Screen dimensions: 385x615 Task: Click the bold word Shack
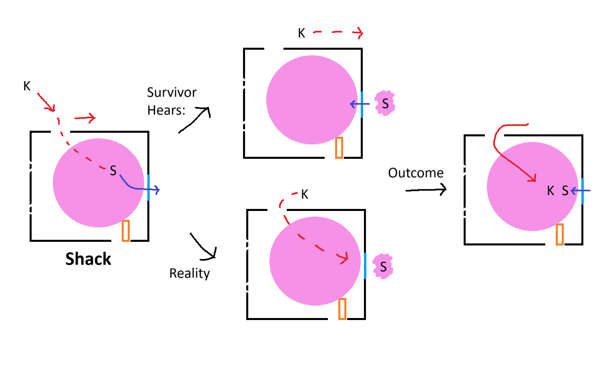tap(88, 259)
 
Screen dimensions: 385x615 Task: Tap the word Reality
tap(189, 273)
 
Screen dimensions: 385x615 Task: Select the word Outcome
tap(416, 173)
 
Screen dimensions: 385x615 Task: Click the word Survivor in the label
tap(172, 93)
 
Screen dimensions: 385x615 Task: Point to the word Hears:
tap(166, 110)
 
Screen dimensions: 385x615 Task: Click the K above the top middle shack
tap(301, 33)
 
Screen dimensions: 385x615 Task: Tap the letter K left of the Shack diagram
tap(27, 86)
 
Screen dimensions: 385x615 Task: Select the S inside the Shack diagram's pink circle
tap(113, 171)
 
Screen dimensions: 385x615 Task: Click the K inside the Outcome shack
tap(551, 191)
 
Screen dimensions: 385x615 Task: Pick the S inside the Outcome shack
tap(565, 191)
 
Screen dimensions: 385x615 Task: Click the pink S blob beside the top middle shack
tap(385, 103)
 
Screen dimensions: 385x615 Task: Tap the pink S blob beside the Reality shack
tap(383, 266)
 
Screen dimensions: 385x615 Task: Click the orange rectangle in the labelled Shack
tap(126, 231)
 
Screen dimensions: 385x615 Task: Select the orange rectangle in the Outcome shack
tap(560, 234)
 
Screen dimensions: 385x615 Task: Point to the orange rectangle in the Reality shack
tap(342, 309)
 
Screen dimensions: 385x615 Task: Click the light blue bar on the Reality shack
tap(365, 265)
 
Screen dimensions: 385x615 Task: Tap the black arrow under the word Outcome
tap(426, 190)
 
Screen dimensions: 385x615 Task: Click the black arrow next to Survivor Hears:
tap(195, 119)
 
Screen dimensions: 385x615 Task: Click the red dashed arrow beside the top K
tap(338, 32)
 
